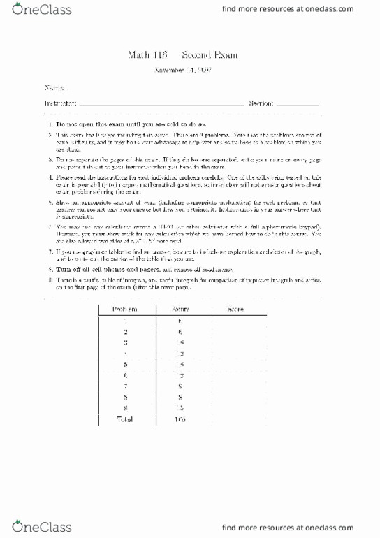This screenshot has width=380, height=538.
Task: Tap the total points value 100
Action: pyautogui.click(x=181, y=419)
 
